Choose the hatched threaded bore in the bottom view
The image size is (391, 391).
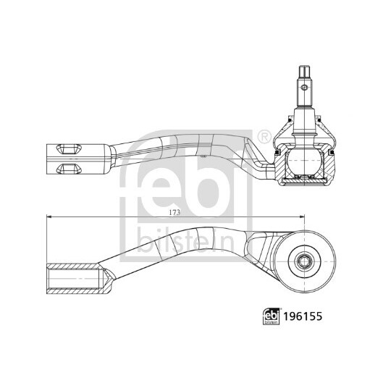pyautogui.click(x=72, y=276)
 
